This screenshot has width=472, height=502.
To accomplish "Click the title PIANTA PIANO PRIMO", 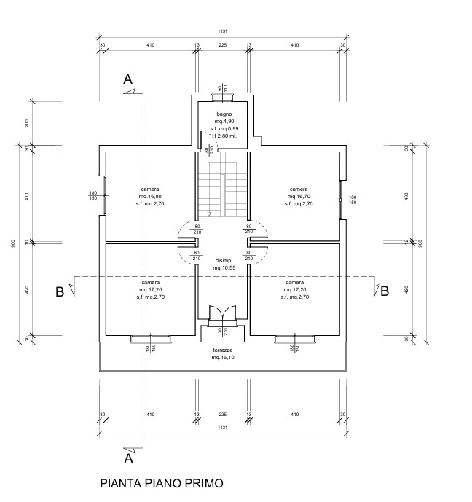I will (160, 482).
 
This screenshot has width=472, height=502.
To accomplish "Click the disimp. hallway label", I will (223, 261).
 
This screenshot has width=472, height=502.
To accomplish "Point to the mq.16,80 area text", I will (151, 197).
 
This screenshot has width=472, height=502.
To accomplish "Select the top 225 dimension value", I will (223, 45).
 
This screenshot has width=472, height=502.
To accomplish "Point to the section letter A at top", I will (128, 79).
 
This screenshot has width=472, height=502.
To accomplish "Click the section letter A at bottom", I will (128, 459).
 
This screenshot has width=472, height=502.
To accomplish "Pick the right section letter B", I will (383, 291).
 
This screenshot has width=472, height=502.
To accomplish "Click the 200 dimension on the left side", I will (28, 122).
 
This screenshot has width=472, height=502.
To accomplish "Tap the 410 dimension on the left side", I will (28, 196).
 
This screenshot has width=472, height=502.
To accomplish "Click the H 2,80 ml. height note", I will (224, 136).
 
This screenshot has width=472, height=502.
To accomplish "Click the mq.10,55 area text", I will (223, 268).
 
